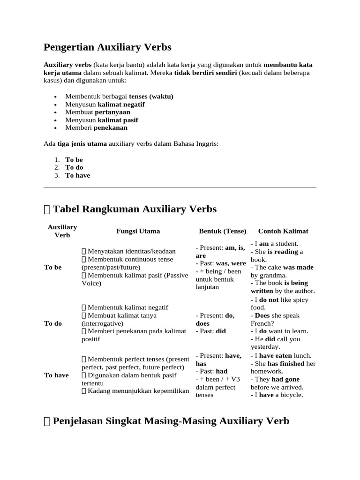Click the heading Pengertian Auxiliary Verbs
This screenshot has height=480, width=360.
[107, 47]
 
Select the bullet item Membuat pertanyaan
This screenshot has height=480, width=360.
[97, 112]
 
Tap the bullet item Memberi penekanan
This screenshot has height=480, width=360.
[96, 127]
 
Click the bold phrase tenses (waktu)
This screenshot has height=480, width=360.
[151, 97]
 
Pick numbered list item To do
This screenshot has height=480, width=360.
[74, 167]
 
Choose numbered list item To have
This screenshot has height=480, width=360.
[77, 175]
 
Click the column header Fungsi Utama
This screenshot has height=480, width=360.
[138, 231]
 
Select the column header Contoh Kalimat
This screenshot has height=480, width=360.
[283, 231]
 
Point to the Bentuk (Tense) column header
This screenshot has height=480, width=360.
[223, 231]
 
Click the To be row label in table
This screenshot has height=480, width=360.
[52, 267]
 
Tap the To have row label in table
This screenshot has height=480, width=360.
[56, 375]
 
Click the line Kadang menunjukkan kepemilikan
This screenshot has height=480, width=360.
[135, 391]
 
